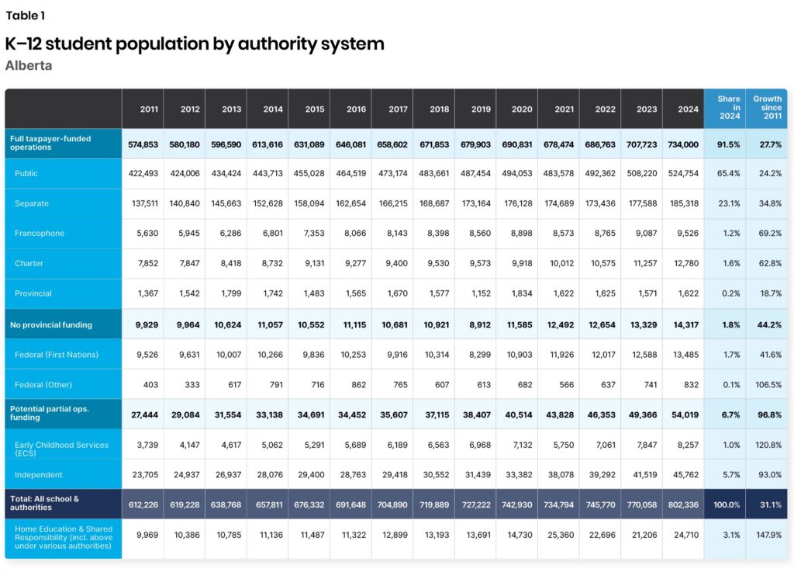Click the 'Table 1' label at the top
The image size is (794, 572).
(26, 16)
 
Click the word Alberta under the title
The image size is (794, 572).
(29, 66)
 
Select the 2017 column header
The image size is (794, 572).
(398, 109)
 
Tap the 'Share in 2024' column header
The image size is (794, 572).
(727, 108)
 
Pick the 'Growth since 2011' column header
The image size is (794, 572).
(768, 108)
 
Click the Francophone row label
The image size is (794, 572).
(40, 234)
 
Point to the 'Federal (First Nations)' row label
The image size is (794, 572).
(57, 355)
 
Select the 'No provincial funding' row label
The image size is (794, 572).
(51, 324)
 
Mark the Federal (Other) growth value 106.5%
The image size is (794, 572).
(768, 385)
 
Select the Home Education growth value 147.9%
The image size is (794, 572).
(768, 535)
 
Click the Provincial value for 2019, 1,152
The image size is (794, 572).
(480, 294)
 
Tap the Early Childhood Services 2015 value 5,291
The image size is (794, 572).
(313, 445)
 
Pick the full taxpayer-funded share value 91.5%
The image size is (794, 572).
(727, 144)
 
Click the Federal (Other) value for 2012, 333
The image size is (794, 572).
(189, 385)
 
